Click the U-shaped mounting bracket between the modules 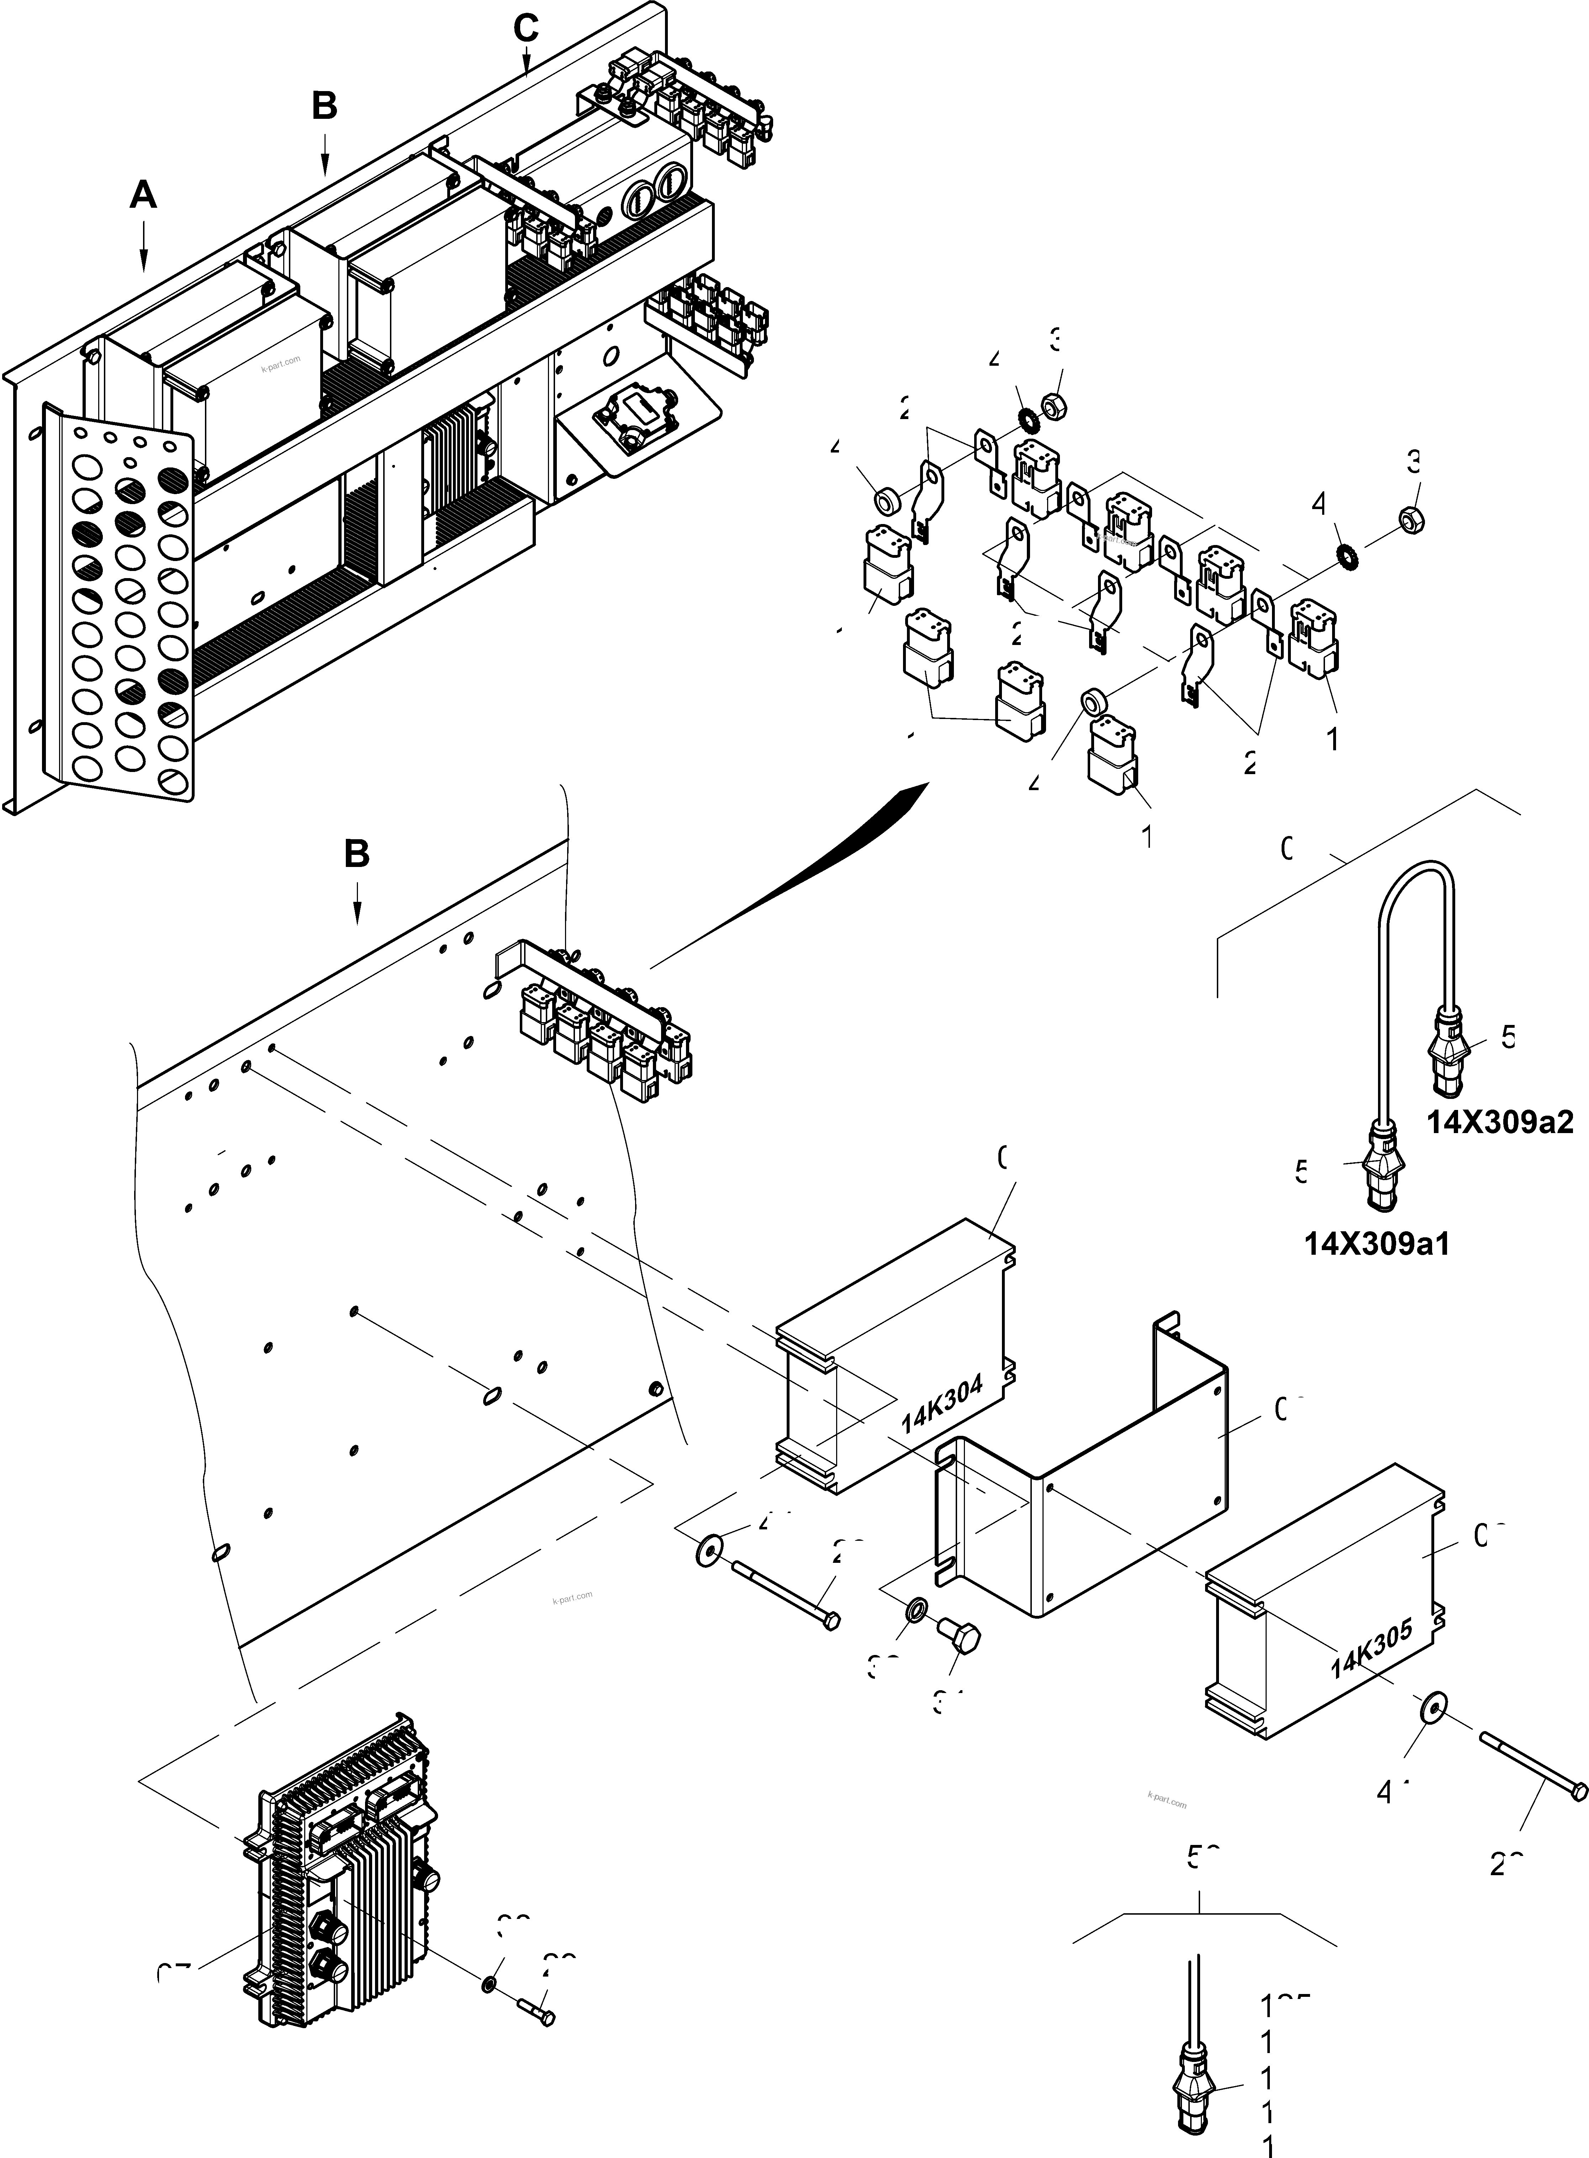(x=1087, y=1500)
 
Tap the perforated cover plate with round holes (x=120, y=606)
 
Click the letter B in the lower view (x=357, y=854)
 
